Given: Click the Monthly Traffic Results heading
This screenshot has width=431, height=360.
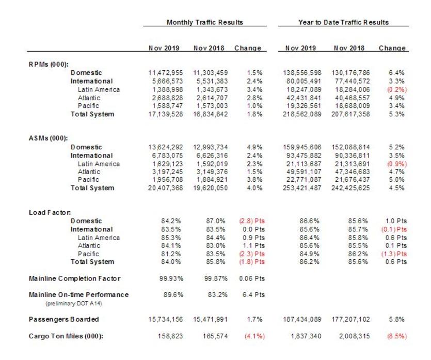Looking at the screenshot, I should (204, 23).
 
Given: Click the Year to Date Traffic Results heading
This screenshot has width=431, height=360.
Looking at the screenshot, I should (343, 23).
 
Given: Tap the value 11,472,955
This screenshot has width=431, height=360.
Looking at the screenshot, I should (164, 73).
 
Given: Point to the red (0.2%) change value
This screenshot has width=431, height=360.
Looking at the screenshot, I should (397, 89).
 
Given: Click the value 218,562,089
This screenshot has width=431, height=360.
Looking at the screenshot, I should (301, 114).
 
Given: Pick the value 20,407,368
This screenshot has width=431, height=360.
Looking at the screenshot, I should (164, 188).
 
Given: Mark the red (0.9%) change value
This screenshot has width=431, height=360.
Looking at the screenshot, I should (397, 164).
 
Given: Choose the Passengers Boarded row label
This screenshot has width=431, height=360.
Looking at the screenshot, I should (63, 320).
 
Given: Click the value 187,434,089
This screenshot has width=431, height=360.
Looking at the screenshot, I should (301, 320).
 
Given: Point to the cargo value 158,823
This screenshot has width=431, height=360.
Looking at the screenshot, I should (166, 336).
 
